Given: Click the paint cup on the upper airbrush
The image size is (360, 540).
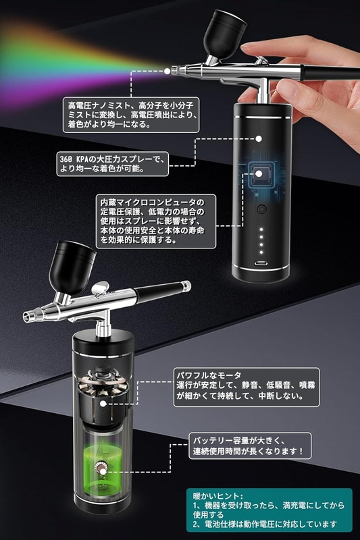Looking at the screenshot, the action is click(x=224, y=34).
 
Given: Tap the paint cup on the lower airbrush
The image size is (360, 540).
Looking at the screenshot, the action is click(x=72, y=267).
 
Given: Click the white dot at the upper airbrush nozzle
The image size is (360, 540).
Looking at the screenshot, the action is click(x=167, y=72).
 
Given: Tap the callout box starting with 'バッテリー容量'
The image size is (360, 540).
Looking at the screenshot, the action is click(x=250, y=446).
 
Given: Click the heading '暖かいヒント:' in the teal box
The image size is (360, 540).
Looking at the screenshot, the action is click(x=217, y=496).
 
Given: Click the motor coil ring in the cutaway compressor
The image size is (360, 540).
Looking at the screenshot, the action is click(x=103, y=383).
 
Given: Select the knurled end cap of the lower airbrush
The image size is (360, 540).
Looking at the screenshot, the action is click(x=186, y=286).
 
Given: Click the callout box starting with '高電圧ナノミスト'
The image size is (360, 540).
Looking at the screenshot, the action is click(x=131, y=115).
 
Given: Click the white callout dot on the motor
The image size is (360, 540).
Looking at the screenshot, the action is click(x=103, y=404).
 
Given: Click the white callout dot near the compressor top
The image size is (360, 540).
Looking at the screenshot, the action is click(x=259, y=139).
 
